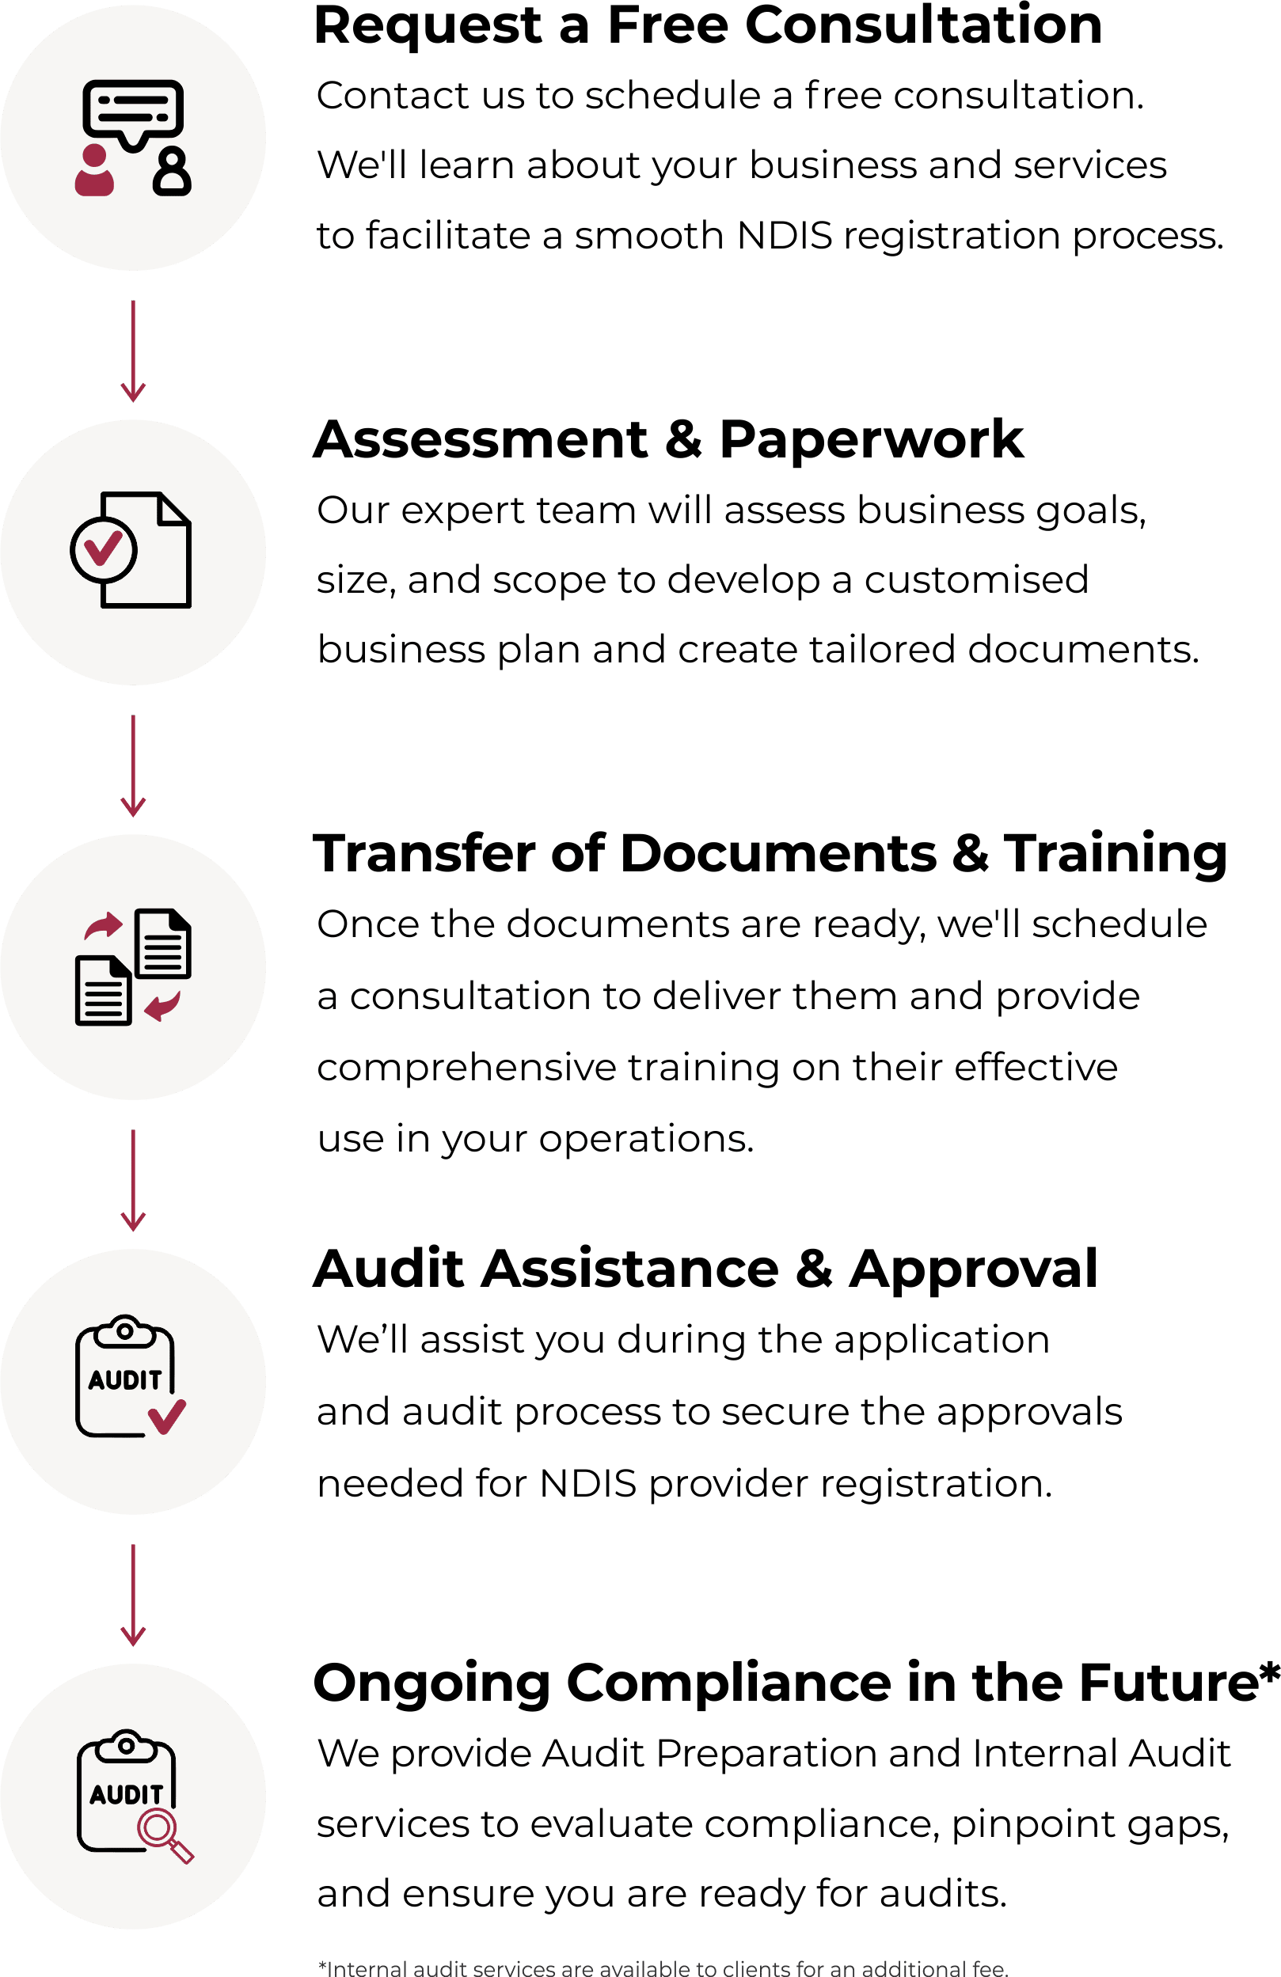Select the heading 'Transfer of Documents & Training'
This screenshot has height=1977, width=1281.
[770, 853]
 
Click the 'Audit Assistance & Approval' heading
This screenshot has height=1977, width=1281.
[705, 1269]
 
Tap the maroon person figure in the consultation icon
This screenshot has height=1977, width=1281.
[94, 170]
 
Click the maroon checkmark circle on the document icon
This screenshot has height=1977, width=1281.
[104, 549]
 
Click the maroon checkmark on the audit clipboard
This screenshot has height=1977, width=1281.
[167, 1417]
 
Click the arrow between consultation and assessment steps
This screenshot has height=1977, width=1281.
[133, 351]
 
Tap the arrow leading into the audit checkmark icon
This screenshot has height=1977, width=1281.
[133, 1179]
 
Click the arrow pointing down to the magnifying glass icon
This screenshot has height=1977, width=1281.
[133, 1595]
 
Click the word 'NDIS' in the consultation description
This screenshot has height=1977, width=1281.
[783, 236]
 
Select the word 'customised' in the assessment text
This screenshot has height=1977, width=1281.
[976, 580]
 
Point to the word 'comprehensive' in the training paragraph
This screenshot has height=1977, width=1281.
[466, 1068]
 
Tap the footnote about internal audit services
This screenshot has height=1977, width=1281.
[662, 1967]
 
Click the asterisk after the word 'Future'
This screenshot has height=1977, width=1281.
[1270, 1672]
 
